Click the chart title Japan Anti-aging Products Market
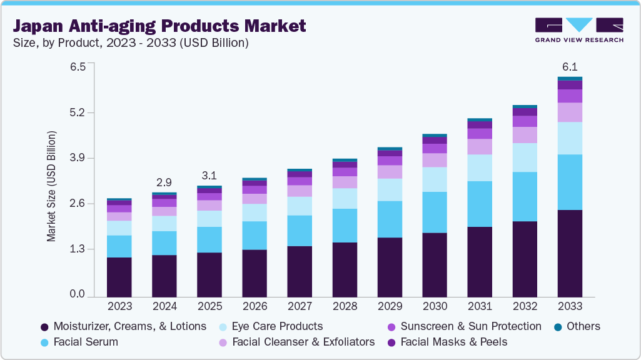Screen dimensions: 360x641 click(x=160, y=26)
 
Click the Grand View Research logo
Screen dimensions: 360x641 click(x=579, y=30)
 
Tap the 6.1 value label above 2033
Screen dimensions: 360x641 click(x=570, y=67)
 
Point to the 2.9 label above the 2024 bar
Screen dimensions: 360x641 click(x=164, y=182)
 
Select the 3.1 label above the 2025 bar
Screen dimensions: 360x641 click(x=209, y=176)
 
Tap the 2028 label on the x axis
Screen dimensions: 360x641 click(x=345, y=306)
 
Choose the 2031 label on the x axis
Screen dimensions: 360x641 click(x=480, y=306)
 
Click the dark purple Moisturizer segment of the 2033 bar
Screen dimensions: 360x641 click(x=570, y=253)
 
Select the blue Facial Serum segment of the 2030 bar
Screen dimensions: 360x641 click(x=435, y=212)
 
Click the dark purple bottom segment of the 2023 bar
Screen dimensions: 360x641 click(x=119, y=277)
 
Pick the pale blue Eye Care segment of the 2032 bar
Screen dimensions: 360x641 click(x=525, y=157)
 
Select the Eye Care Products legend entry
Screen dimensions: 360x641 click(x=277, y=326)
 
